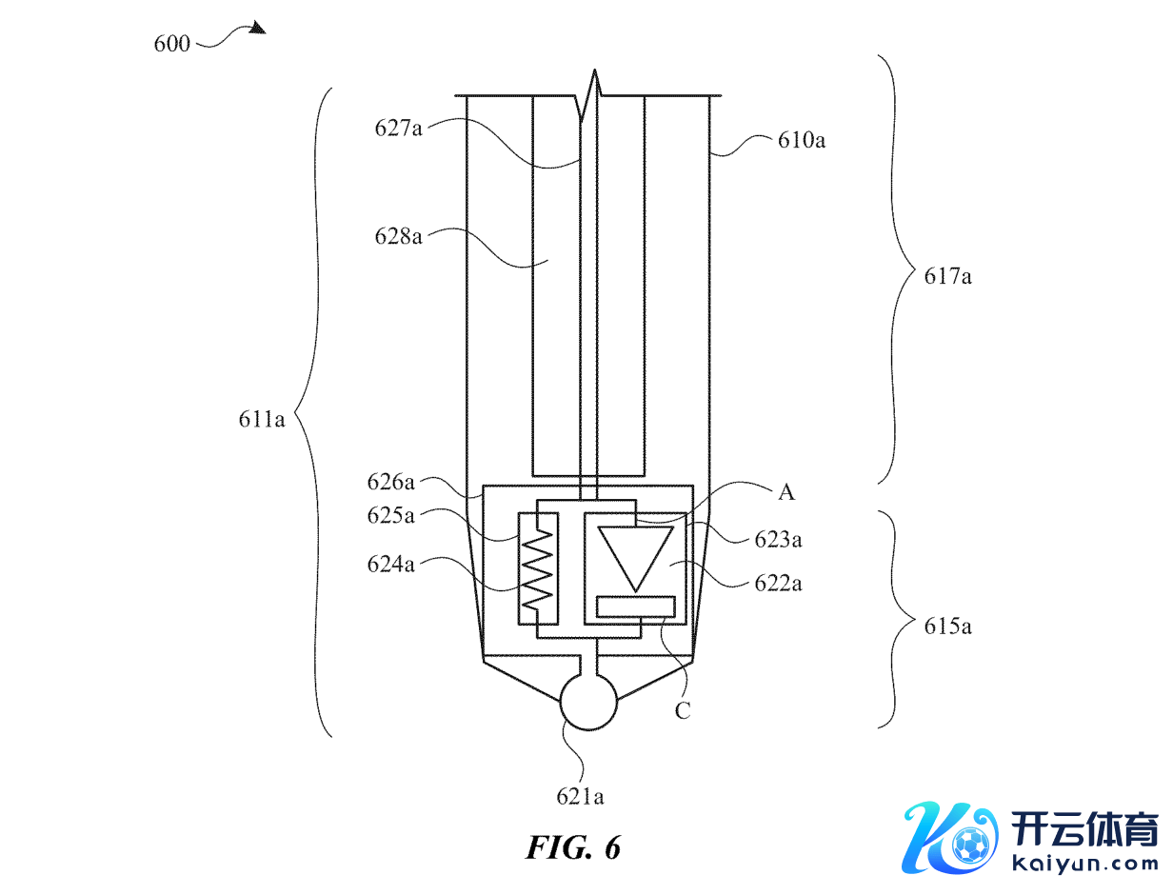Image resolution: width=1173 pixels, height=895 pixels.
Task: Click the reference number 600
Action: click(171, 44)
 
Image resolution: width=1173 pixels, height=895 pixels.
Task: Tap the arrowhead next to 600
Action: click(258, 28)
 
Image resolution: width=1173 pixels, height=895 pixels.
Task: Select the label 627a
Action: click(398, 129)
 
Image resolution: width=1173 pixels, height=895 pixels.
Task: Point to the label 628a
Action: click(398, 236)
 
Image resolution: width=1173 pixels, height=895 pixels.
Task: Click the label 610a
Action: click(801, 140)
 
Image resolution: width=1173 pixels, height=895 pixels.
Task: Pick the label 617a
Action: click(947, 276)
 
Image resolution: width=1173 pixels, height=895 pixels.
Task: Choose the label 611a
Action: click(261, 420)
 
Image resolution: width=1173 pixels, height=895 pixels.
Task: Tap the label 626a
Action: click(390, 482)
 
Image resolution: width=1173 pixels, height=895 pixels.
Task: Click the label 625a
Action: click(390, 516)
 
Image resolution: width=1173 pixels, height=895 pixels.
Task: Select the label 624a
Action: click(390, 565)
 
